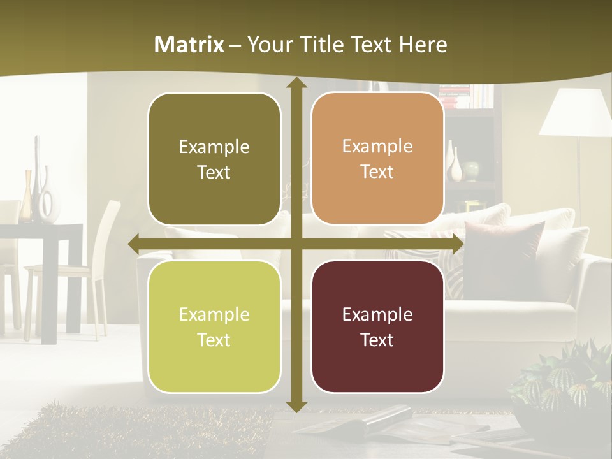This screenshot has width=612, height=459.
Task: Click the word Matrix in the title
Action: point(189,45)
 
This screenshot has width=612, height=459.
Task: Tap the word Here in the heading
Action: point(423,45)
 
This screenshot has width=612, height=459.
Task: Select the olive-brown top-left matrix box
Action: point(214,159)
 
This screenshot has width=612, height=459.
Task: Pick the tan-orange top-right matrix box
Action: point(377,159)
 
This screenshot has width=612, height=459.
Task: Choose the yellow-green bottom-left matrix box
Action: point(214,326)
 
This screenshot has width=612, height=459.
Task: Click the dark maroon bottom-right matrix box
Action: point(377,326)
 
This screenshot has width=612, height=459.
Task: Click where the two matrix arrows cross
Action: point(296,244)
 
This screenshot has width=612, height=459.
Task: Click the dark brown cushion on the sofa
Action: point(504,255)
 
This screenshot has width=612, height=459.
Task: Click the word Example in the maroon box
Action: point(377,314)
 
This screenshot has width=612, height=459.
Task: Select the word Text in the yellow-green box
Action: point(214,340)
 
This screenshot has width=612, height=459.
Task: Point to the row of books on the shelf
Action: point(469,96)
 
